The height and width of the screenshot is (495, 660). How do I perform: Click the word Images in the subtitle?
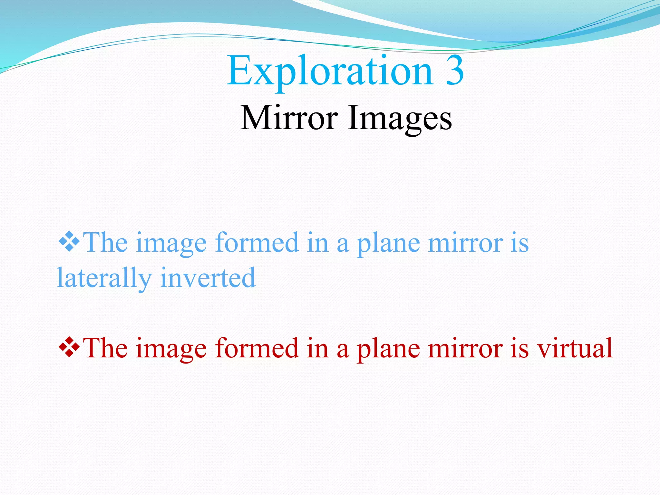[400, 119]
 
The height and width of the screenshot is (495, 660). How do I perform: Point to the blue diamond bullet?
[69, 241]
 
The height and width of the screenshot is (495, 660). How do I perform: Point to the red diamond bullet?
[69, 347]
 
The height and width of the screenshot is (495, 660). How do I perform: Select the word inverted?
[208, 277]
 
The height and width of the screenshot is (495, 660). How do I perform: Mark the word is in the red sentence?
[519, 348]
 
